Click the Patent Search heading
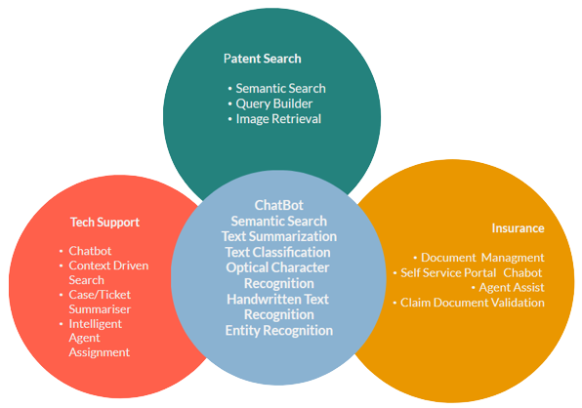[x=262, y=59]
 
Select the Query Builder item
[x=274, y=103]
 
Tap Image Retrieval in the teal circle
[x=278, y=119]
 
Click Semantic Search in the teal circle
[x=280, y=88]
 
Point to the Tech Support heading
[x=105, y=223]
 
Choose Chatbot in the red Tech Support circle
[x=90, y=251]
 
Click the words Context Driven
[x=108, y=265]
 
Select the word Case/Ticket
[x=100, y=295]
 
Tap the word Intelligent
[x=96, y=324]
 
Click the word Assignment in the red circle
[x=100, y=352]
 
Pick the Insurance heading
[x=518, y=228]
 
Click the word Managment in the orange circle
[x=513, y=258]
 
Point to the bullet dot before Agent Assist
[x=474, y=287]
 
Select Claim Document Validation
[x=473, y=303]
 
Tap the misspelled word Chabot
[x=522, y=273]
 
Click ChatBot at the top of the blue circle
[x=278, y=205]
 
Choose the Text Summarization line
[x=279, y=236]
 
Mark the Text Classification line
[x=277, y=252]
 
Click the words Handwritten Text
[x=277, y=299]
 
